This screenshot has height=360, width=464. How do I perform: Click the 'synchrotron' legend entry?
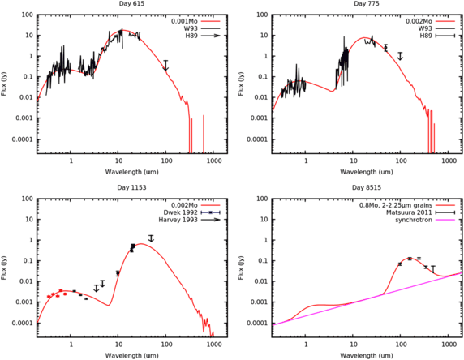click(414, 218)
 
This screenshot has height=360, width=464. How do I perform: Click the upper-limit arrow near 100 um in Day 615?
click(165, 66)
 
